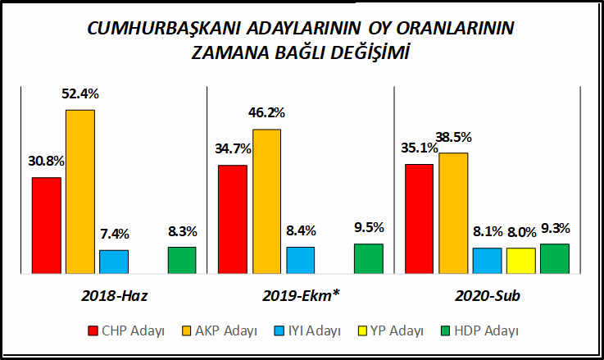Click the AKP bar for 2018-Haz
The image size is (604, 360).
[80, 190]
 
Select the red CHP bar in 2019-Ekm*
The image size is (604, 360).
[233, 218]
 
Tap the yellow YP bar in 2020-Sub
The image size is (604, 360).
[520, 260]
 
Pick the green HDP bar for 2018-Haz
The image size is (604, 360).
[182, 259]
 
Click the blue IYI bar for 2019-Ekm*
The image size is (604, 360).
[300, 259]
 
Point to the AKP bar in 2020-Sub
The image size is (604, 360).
[453, 212]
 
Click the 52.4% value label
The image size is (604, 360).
[80, 93]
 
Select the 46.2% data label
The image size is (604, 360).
[266, 114]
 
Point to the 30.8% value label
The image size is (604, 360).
[46, 162]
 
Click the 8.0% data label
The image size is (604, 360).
[520, 232]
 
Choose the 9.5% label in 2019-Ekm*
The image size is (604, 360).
[368, 228]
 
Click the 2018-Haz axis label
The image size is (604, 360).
[114, 295]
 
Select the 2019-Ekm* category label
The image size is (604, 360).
[300, 295]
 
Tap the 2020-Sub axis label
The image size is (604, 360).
[487, 295]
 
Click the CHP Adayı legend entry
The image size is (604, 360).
[126, 331]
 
